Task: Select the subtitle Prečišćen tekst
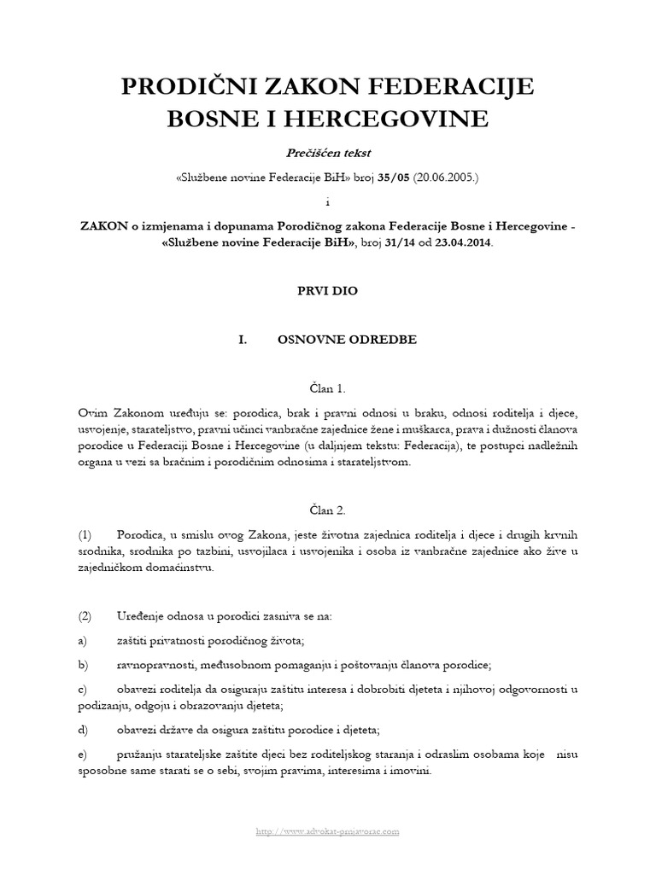[327, 152]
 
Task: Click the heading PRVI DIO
[327, 290]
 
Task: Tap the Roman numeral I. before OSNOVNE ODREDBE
[243, 340]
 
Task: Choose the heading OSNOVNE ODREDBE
[348, 340]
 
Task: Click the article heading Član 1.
[327, 389]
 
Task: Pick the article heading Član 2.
[327, 510]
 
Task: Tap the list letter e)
[82, 755]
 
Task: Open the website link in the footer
[328, 830]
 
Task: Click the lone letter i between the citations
[327, 201]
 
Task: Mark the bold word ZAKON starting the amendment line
[104, 226]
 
